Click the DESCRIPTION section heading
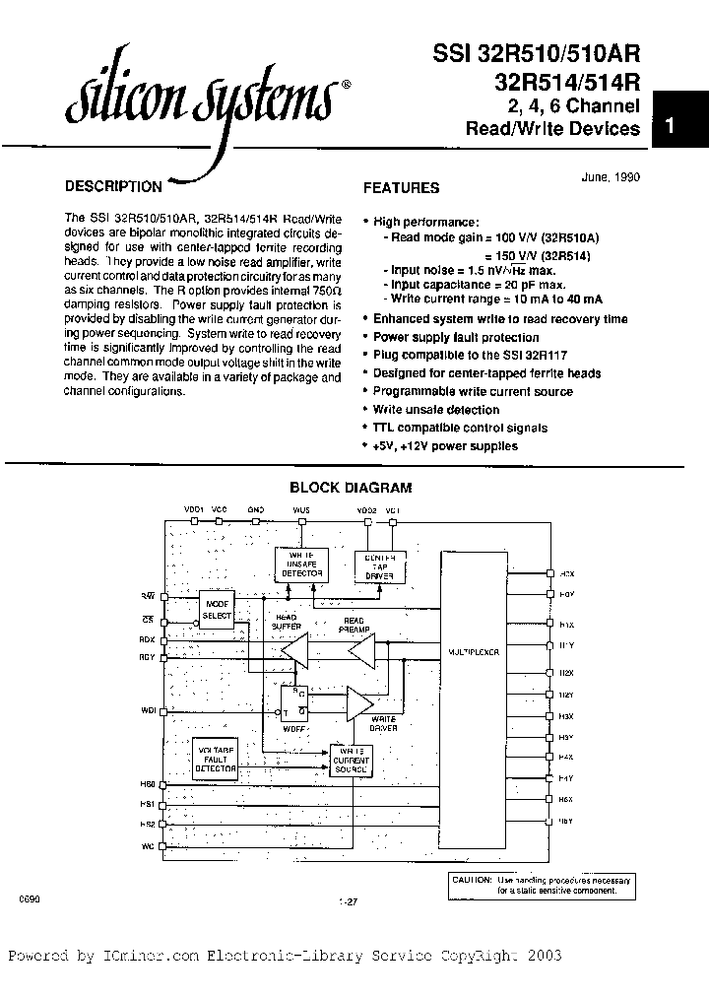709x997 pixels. tap(113, 185)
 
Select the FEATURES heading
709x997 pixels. tap(402, 187)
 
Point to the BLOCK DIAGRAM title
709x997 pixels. tap(350, 487)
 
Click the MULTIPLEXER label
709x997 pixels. tap(474, 652)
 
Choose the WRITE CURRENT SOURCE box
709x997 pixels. tap(351, 761)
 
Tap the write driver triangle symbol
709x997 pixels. tap(358, 702)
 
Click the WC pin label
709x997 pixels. tap(149, 847)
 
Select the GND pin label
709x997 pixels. tap(255, 509)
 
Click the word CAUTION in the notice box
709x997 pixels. tap(471, 879)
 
